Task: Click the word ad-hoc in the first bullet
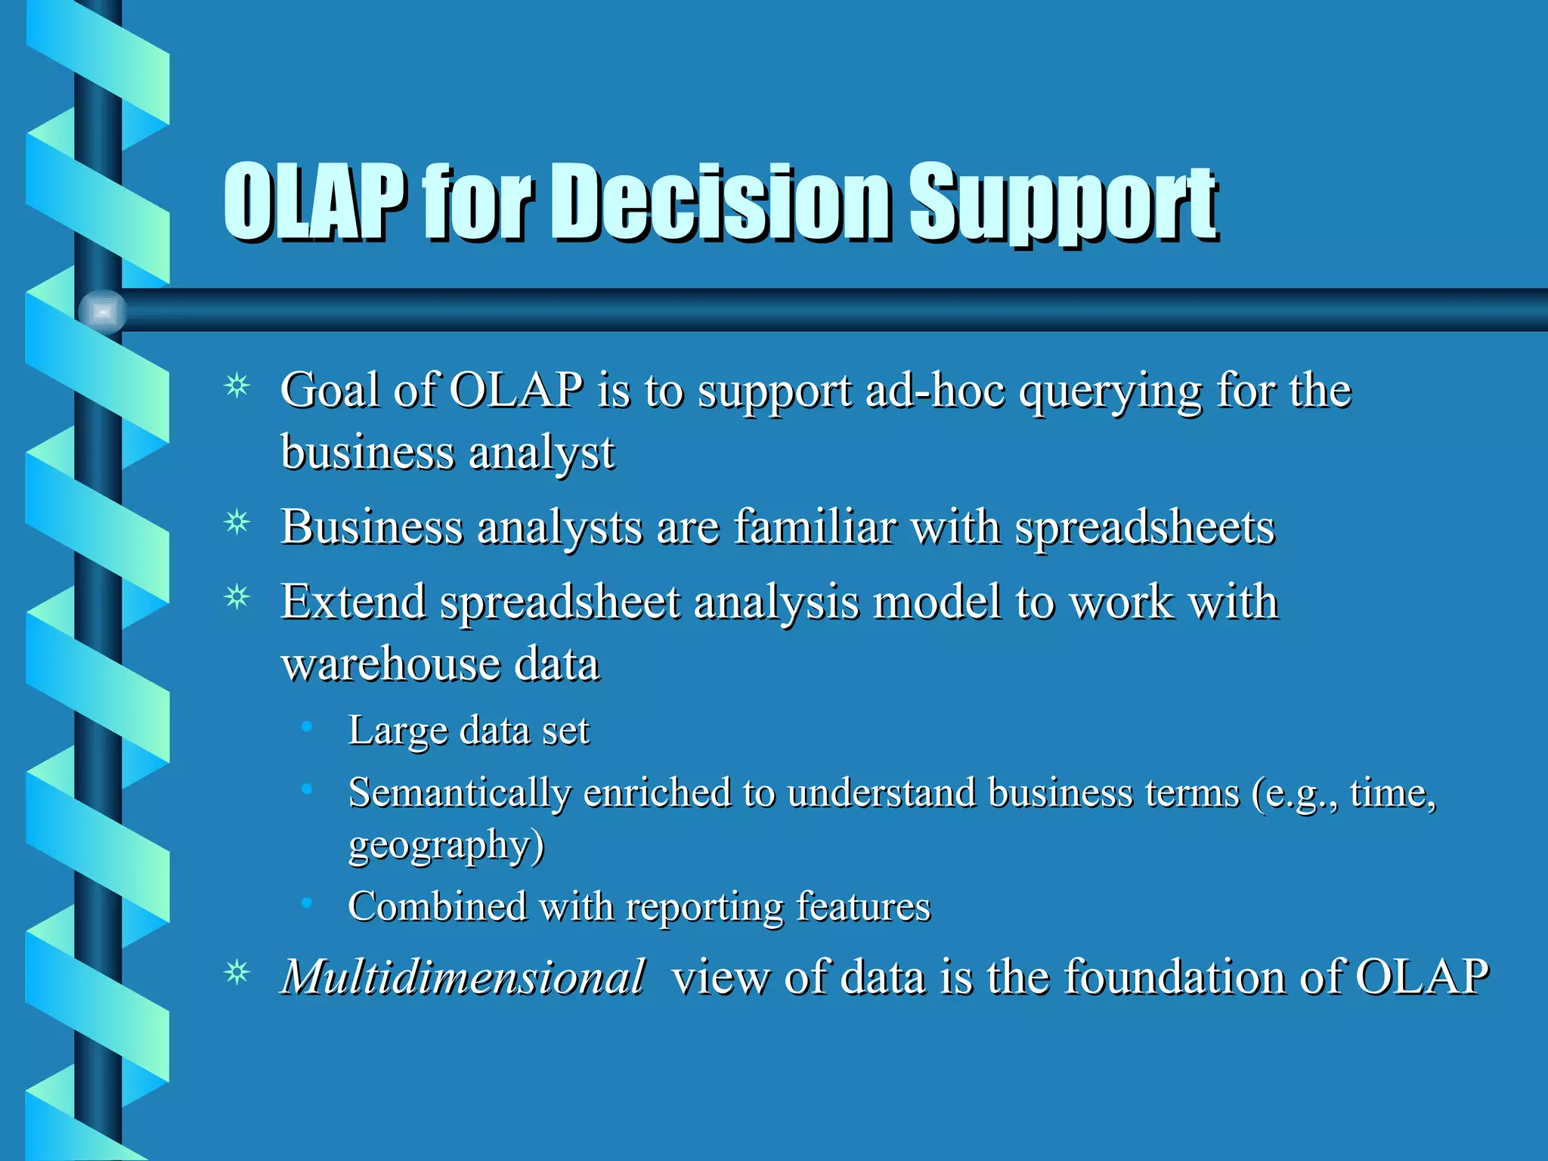point(934,392)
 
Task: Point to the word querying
point(1110,393)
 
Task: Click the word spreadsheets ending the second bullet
point(1144,528)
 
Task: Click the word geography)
point(446,845)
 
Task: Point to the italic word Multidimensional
point(463,977)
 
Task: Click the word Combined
point(437,906)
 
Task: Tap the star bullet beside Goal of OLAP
point(237,386)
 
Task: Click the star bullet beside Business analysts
point(237,522)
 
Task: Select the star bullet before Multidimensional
point(237,972)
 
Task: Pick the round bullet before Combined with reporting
point(306,902)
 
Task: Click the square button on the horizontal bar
point(103,311)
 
